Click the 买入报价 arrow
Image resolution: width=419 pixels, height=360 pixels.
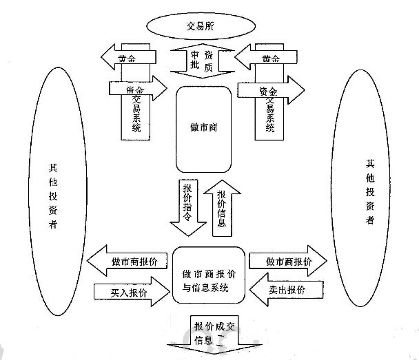(128, 293)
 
